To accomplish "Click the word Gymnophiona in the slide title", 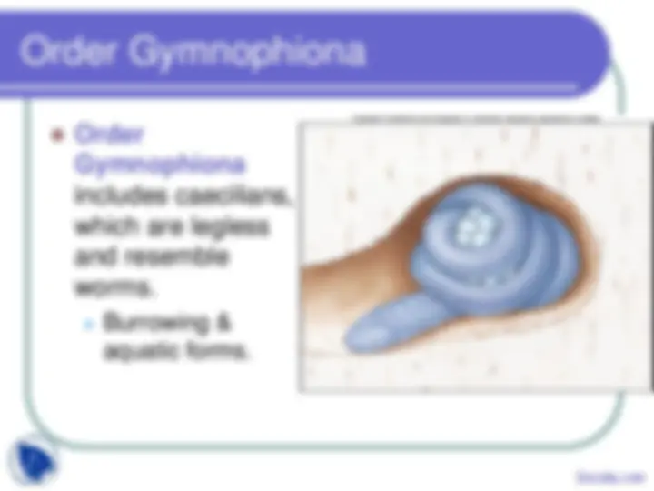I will point(247,53).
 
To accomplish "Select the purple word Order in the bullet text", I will point(107,136).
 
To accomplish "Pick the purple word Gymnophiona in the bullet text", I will point(158,166).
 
